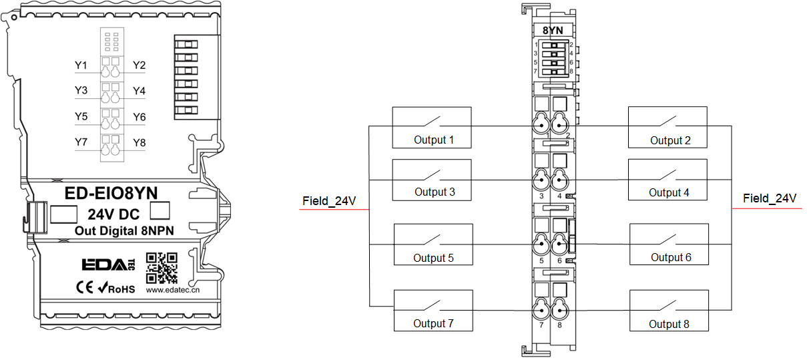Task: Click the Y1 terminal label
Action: tap(81, 65)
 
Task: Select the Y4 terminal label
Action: tap(140, 91)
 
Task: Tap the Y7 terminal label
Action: tap(81, 142)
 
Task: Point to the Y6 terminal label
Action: tap(140, 117)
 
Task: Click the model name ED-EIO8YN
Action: tap(111, 193)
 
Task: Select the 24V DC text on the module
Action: tap(113, 215)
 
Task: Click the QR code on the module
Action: tap(162, 267)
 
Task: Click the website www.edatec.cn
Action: tap(174, 291)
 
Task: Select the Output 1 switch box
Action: tap(432, 127)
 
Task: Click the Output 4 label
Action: tap(669, 192)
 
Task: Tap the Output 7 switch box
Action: tap(433, 310)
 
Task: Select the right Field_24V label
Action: tap(770, 198)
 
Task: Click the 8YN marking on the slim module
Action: tap(553, 30)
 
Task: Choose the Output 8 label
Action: tap(669, 324)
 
